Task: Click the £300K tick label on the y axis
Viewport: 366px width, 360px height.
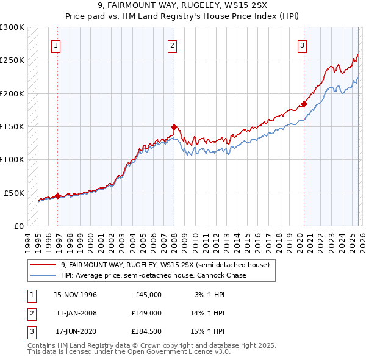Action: [x=12, y=27]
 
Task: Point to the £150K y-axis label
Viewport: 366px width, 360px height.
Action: [x=12, y=126]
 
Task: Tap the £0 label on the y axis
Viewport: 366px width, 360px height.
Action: [x=18, y=226]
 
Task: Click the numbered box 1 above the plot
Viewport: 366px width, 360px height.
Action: [x=56, y=45]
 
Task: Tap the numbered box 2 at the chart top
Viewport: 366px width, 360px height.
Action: [x=173, y=45]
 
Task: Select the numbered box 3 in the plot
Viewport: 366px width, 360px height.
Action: [x=302, y=45]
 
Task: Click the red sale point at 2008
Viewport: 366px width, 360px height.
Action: [x=174, y=128]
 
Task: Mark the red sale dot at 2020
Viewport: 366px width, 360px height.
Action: [x=303, y=104]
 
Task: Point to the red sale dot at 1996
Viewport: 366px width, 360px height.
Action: [x=58, y=196]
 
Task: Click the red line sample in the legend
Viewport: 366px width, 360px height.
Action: [x=43, y=265]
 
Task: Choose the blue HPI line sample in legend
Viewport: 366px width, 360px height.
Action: [x=43, y=275]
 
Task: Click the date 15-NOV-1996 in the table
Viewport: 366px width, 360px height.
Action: [x=76, y=295]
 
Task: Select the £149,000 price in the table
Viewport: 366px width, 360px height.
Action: [x=146, y=313]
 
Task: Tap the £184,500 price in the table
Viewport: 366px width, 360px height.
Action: [x=146, y=331]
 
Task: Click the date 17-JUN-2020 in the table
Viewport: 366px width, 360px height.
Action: [x=76, y=331]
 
